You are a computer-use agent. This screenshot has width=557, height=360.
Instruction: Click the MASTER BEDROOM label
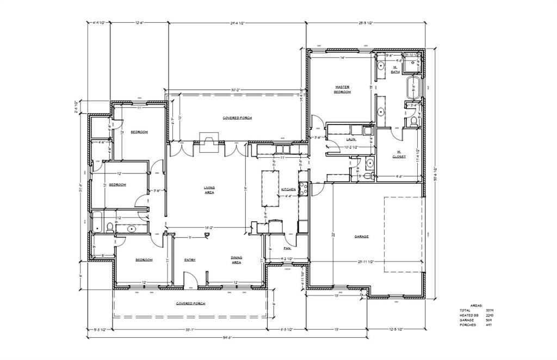coord(342,89)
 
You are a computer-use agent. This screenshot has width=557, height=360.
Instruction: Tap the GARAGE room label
coord(362,237)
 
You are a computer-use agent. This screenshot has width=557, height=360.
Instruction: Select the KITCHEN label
coord(288,189)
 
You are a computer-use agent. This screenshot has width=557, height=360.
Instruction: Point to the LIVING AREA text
coord(209,190)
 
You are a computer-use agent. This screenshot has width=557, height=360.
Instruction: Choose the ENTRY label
coord(190,260)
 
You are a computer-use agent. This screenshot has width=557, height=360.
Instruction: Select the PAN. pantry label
coord(287,248)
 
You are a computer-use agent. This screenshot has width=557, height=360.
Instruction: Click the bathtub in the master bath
coord(414,87)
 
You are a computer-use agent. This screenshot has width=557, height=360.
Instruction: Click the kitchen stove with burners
coord(304,189)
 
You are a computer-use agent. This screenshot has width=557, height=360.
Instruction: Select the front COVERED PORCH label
coord(191,303)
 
